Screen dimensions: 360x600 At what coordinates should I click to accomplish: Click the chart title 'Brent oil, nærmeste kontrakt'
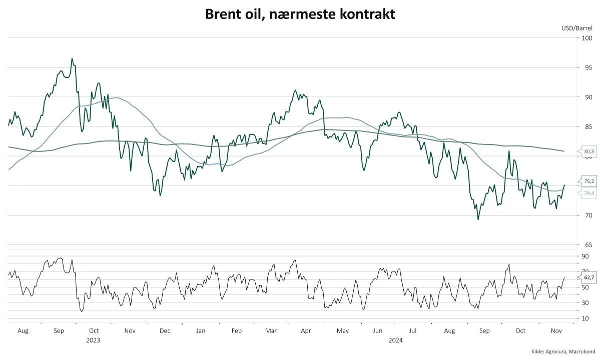coord(300,14)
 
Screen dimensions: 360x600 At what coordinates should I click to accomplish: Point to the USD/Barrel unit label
coord(577,28)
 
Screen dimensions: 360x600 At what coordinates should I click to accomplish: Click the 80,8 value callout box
coord(588,150)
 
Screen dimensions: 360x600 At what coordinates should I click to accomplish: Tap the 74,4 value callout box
coord(588,193)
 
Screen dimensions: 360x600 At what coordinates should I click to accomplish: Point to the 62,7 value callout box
coord(589,277)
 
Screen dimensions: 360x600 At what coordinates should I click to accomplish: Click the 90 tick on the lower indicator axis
coord(585,256)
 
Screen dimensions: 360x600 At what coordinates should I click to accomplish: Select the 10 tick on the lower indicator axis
coord(585,318)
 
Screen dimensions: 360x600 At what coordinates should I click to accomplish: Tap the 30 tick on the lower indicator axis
coord(585,302)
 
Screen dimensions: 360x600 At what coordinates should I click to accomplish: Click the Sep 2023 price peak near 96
coord(72,58)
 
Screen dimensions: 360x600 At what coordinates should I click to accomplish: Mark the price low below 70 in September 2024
coord(478,219)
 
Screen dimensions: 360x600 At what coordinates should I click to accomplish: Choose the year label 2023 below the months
coord(93,340)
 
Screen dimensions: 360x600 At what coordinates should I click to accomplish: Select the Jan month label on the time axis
coord(200,330)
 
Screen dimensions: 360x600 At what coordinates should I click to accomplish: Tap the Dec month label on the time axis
coord(165,330)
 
